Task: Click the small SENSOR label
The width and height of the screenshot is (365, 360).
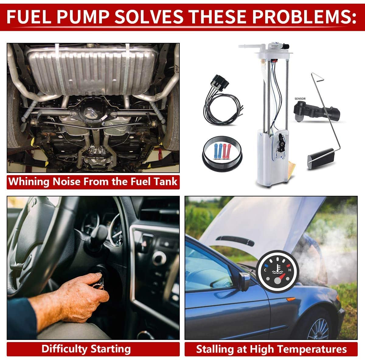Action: [300, 99]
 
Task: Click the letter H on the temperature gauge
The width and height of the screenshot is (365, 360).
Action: [290, 270]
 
